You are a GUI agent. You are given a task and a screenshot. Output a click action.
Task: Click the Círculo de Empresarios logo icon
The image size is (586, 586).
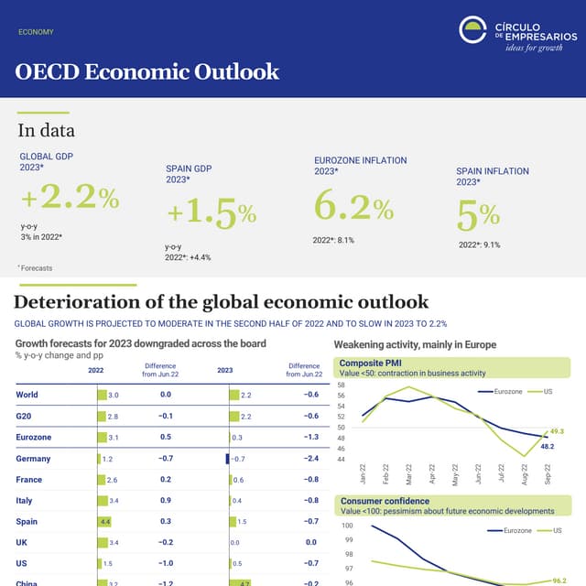pyautogui.click(x=472, y=30)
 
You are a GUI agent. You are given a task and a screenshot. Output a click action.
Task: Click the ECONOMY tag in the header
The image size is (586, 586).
pyautogui.click(x=36, y=32)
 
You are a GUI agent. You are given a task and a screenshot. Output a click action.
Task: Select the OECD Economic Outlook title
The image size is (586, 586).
pyautogui.click(x=147, y=71)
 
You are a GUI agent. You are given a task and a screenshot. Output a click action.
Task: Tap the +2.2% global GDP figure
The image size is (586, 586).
pyautogui.click(x=71, y=198)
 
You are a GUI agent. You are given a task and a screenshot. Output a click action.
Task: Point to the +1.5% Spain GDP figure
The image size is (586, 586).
pyautogui.click(x=212, y=214)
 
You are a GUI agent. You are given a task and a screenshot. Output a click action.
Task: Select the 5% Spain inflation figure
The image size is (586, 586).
pyautogui.click(x=478, y=216)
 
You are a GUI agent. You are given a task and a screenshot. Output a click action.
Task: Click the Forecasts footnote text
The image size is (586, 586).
pyautogui.click(x=36, y=268)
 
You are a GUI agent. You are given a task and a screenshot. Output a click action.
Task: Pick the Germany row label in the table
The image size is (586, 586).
pyautogui.click(x=33, y=459)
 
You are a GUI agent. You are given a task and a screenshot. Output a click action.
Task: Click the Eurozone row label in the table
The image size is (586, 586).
pyautogui.click(x=33, y=438)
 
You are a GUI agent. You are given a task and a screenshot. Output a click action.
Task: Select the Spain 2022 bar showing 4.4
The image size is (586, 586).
pyautogui.click(x=104, y=522)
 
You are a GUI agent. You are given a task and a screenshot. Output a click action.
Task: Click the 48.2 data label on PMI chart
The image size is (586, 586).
pyautogui.click(x=548, y=447)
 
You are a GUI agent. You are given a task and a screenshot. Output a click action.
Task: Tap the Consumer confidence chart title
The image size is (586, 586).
pyautogui.click(x=385, y=501)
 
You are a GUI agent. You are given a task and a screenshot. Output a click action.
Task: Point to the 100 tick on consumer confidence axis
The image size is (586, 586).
pyautogui.click(x=347, y=526)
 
